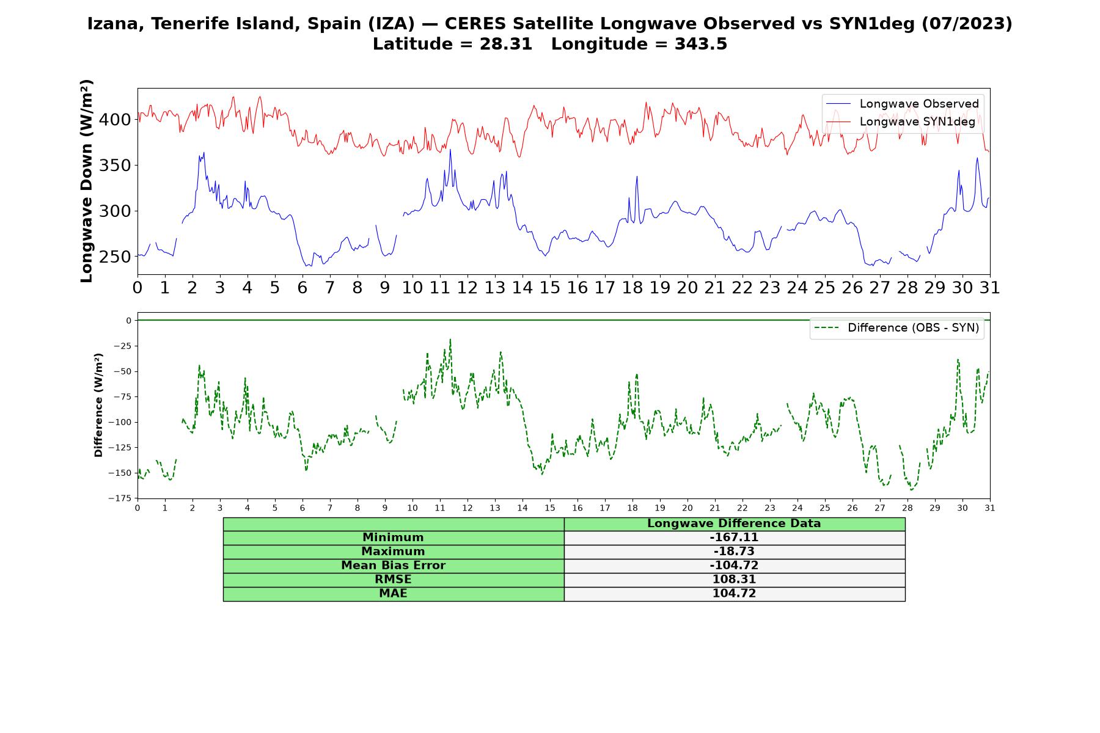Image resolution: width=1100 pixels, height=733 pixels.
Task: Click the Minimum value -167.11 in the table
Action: [x=734, y=538]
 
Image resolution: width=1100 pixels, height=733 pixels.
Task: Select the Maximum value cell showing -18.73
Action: [x=734, y=552]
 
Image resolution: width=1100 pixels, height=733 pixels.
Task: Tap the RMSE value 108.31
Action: [x=734, y=580]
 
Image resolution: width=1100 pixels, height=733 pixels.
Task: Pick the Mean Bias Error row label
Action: [x=393, y=566]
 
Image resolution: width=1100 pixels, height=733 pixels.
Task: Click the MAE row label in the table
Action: [x=393, y=594]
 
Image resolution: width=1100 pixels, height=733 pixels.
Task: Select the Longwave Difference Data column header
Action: [x=734, y=523]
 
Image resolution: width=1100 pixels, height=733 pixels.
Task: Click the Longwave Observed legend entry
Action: [x=903, y=104]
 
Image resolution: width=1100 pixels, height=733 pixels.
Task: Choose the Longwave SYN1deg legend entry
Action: [x=901, y=122]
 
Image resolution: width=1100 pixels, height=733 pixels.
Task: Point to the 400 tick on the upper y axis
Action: [x=115, y=120]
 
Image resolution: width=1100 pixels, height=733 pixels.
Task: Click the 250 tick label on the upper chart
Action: [x=115, y=257]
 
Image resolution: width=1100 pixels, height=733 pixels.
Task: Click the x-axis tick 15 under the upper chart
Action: [x=550, y=288]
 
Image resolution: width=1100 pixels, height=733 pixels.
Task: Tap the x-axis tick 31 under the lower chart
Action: [x=990, y=508]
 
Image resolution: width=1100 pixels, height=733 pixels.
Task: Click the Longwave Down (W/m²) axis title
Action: [x=87, y=181]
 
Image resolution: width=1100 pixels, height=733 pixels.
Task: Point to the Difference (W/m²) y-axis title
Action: [x=98, y=406]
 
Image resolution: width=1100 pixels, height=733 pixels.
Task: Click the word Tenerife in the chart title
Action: [x=191, y=24]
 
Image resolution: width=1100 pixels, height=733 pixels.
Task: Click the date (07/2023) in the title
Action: [x=966, y=24]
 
